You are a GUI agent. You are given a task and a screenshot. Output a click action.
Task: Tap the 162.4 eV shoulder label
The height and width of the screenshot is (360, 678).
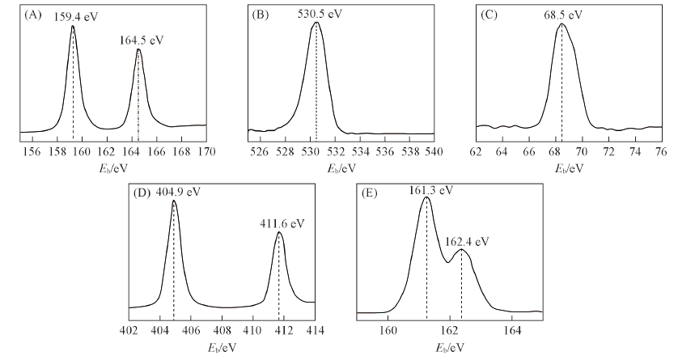pyautogui.click(x=465, y=241)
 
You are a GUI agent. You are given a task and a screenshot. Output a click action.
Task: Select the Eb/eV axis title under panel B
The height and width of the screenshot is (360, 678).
pyautogui.click(x=342, y=168)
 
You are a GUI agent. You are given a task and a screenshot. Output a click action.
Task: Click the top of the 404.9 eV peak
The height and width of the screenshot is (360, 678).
pyautogui.click(x=174, y=201)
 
